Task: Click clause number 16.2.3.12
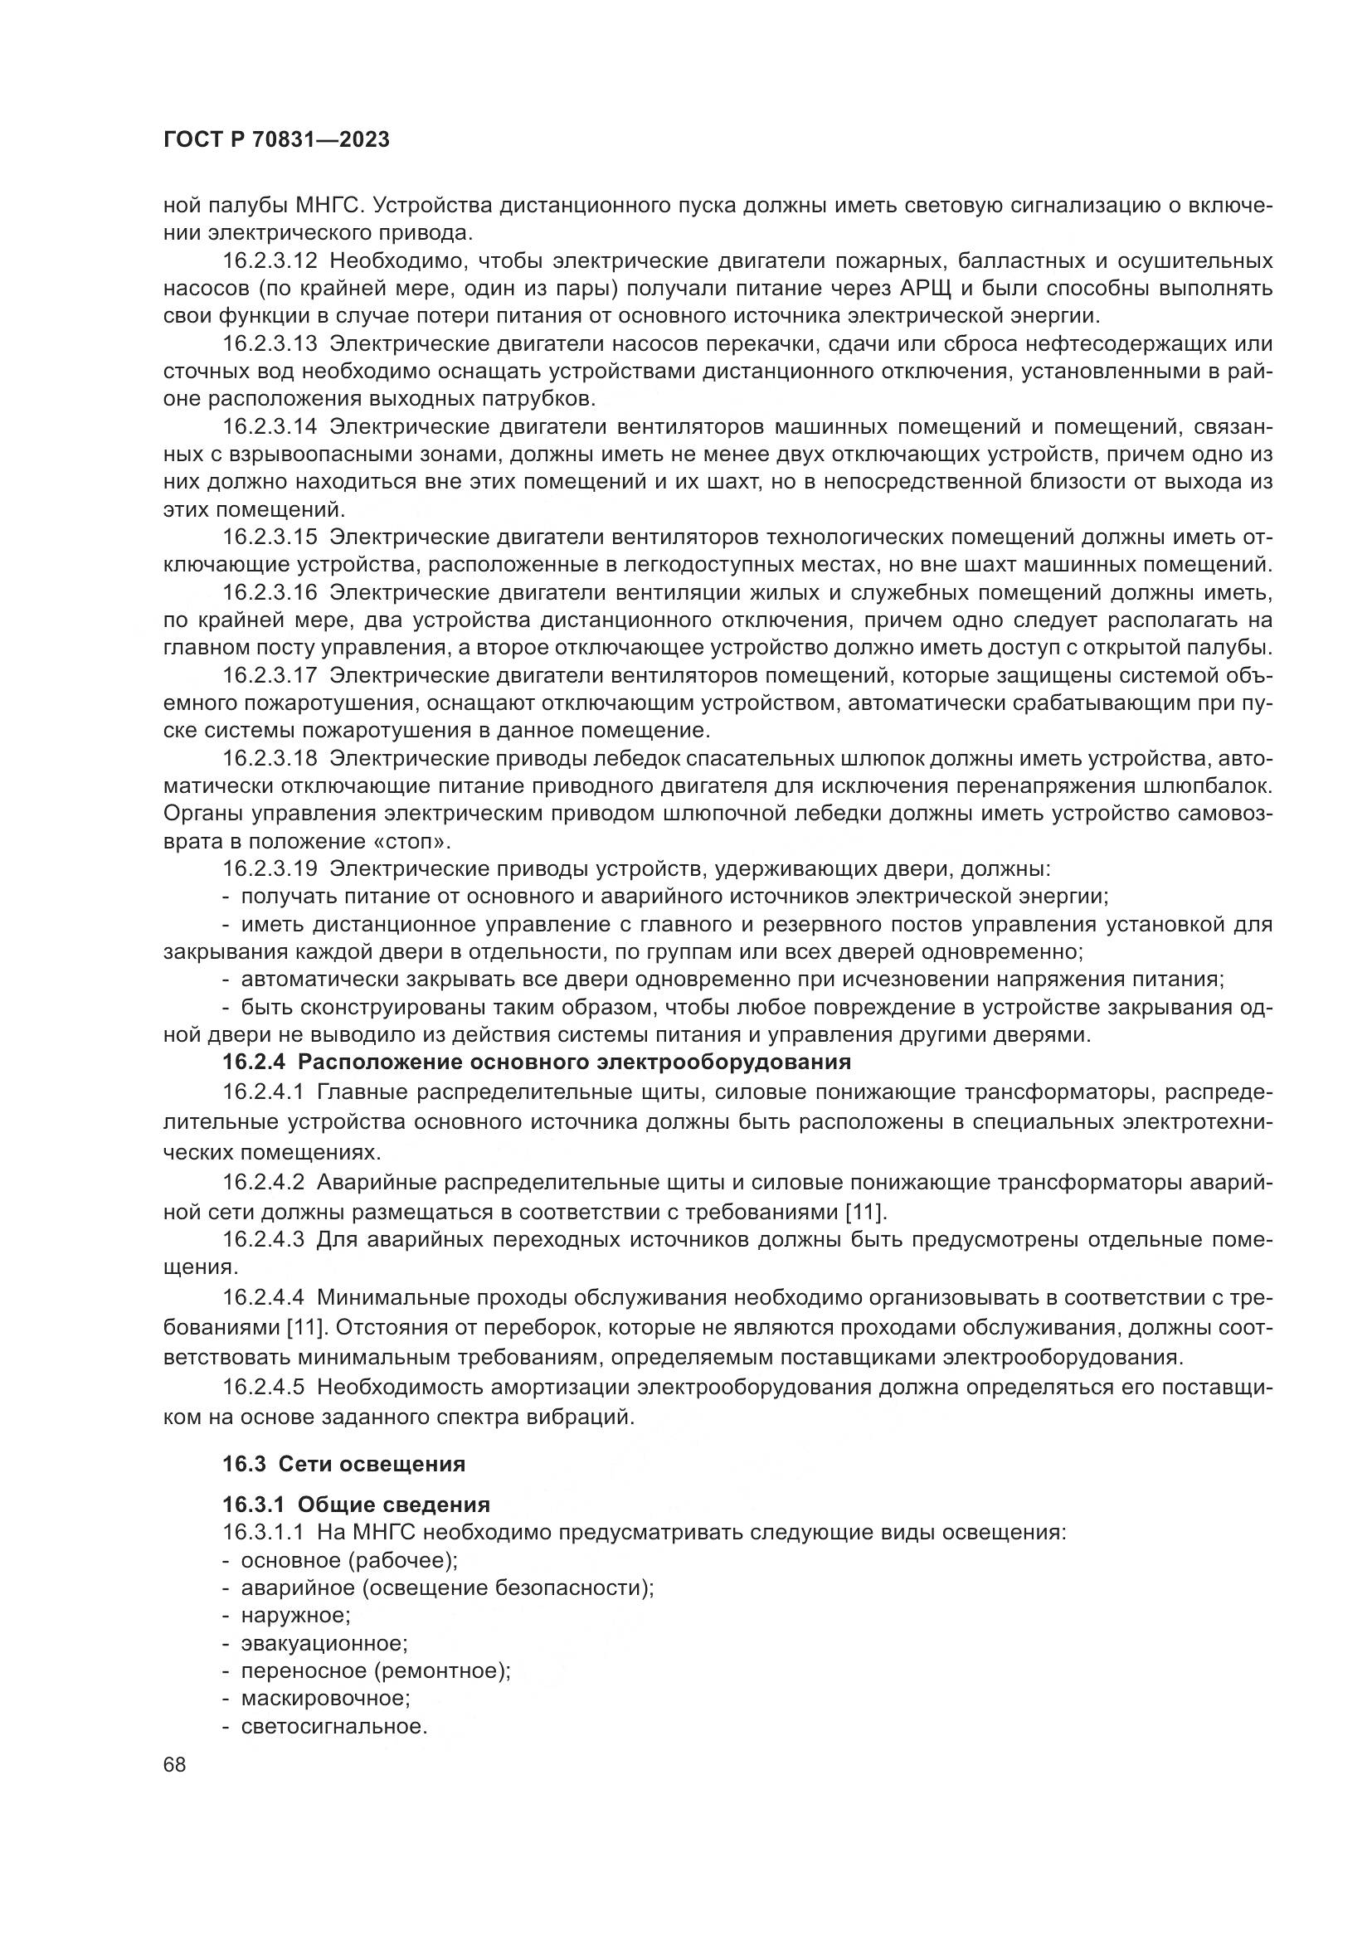[x=270, y=261]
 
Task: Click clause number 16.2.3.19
[x=270, y=868]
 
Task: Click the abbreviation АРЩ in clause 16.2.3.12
[x=924, y=289]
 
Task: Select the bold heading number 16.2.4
[x=255, y=1062]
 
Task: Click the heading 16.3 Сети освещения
[x=344, y=1464]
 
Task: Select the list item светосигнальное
[x=333, y=1726]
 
